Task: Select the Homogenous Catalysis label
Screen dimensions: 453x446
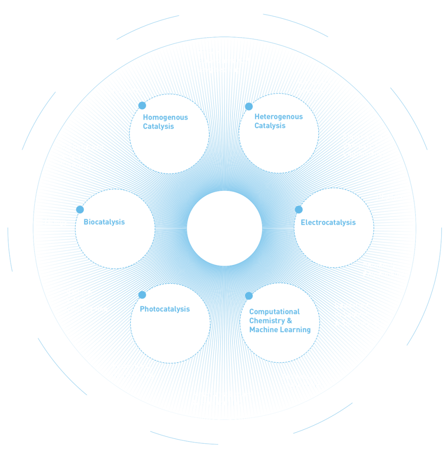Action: (x=165, y=122)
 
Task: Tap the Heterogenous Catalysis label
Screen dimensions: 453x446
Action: (x=278, y=121)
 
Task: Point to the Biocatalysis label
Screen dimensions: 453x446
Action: (x=104, y=222)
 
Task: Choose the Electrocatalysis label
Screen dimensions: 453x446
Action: (x=328, y=223)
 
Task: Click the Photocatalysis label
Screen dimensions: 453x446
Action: (x=165, y=309)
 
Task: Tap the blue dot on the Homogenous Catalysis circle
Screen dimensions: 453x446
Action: (x=142, y=106)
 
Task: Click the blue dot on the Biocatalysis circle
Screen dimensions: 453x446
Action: (x=80, y=210)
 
